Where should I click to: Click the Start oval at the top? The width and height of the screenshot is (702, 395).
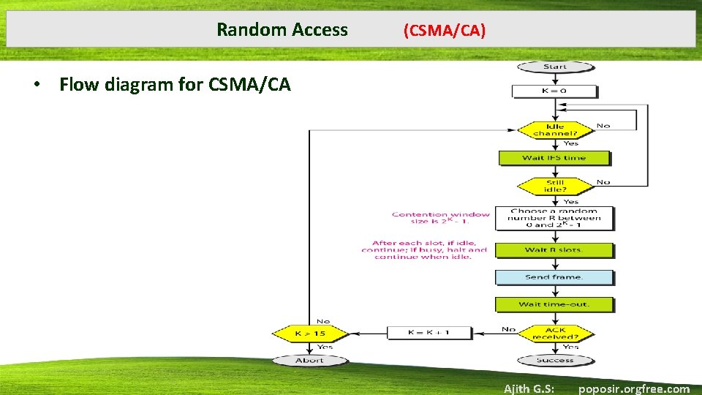point(555,67)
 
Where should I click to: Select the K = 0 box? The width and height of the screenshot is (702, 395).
point(554,91)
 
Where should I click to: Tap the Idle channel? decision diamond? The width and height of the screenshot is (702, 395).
point(555,129)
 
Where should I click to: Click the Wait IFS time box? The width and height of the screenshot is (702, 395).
point(554,158)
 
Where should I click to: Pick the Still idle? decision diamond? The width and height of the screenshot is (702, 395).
point(555,186)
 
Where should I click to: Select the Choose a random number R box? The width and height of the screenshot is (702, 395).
point(554,218)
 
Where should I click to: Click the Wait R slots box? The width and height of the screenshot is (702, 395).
point(554,250)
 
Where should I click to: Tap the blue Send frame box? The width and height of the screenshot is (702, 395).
point(554,277)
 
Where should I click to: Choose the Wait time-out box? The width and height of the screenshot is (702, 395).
point(554,304)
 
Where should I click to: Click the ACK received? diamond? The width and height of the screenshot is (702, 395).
point(555,334)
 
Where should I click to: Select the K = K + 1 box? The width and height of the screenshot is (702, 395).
point(429,333)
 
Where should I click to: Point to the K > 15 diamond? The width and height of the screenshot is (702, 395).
point(310,334)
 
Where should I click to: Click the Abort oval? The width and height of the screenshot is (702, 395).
point(309,360)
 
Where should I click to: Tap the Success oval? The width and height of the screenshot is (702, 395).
point(555,360)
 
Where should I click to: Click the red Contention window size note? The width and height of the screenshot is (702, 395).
point(440,218)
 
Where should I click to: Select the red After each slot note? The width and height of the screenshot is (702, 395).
point(424,249)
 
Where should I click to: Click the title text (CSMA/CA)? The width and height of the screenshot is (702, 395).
point(444,30)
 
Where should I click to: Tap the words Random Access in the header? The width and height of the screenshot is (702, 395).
point(282,30)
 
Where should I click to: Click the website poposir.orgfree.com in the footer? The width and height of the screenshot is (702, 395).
point(633,388)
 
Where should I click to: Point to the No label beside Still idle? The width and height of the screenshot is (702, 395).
point(603,182)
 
